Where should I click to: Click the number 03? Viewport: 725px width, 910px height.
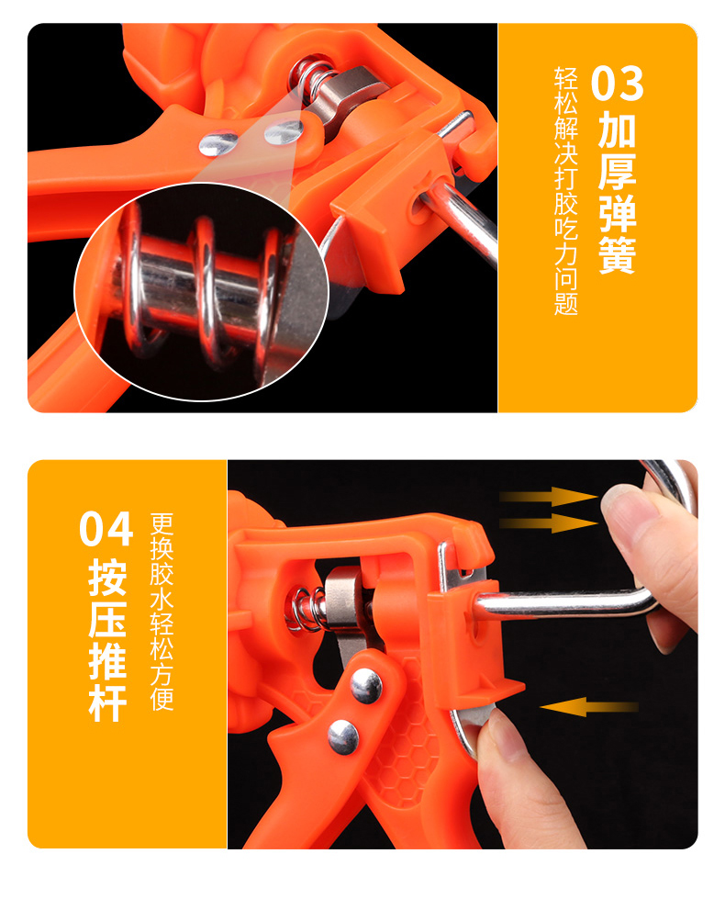point(617,84)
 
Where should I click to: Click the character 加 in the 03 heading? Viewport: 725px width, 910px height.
point(617,130)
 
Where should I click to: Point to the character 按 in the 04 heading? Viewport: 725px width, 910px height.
point(107,578)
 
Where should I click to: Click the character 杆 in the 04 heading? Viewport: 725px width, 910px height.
point(107,702)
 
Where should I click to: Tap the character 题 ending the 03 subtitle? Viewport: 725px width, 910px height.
point(566,302)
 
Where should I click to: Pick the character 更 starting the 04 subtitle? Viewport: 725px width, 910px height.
point(162,524)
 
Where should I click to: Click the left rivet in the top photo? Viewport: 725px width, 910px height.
point(218,143)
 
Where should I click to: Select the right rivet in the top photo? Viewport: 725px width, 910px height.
point(284,131)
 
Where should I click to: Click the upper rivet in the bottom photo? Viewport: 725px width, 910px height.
point(366,685)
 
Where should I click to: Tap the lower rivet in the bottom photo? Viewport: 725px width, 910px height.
point(343,737)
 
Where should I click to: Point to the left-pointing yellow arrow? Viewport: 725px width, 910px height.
point(589,707)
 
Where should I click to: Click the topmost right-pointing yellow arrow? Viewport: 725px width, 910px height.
point(548,496)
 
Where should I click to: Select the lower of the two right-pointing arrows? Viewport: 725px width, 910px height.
point(548,522)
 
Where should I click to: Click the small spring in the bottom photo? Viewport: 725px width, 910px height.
point(307,610)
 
